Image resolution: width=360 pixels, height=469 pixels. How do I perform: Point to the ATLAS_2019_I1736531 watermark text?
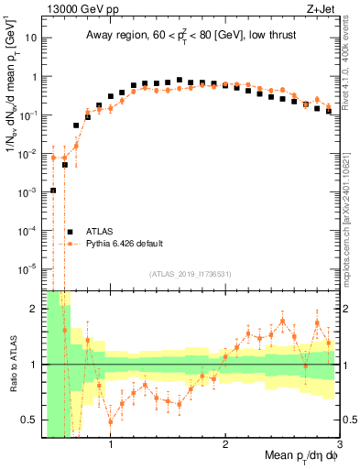point(189,274)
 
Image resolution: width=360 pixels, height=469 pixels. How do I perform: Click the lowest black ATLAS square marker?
point(53,191)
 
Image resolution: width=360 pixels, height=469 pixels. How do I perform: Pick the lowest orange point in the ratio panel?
point(111,421)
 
